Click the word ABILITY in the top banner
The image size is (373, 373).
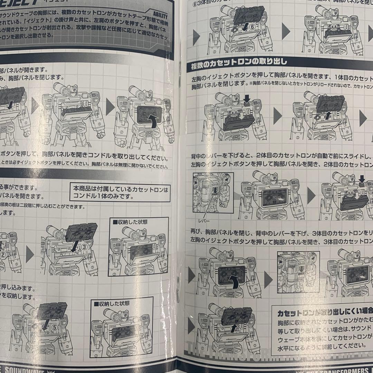[x=159, y=16]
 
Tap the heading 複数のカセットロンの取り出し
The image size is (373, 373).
[x=237, y=62]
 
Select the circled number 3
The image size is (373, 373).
[x=84, y=247]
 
